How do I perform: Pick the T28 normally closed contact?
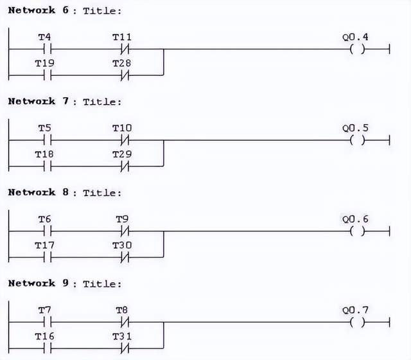(122, 75)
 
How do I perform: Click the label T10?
(122, 129)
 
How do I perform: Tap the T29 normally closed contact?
(122, 166)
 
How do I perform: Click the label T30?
(122, 245)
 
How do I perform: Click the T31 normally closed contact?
(122, 348)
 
